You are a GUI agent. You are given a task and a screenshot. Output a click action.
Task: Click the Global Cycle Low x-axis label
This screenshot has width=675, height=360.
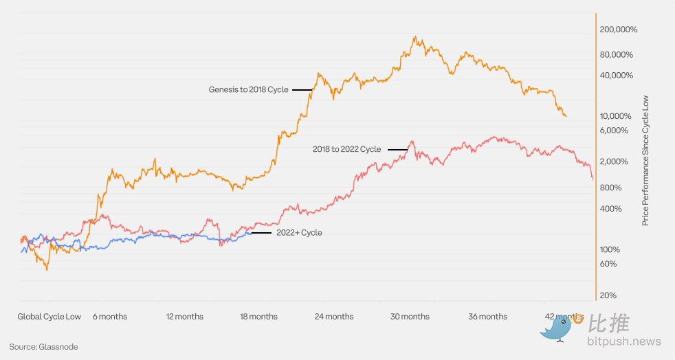click(49, 317)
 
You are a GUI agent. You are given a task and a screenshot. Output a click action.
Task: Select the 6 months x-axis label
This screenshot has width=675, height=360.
click(110, 317)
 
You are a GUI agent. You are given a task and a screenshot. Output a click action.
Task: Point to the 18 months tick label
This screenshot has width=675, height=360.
click(258, 317)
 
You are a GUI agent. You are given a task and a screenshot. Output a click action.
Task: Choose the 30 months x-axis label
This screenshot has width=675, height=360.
click(410, 317)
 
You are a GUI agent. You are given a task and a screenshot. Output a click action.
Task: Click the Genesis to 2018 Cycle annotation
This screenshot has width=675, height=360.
click(249, 89)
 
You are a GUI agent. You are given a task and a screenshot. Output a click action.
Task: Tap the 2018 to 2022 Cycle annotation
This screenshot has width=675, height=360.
click(346, 149)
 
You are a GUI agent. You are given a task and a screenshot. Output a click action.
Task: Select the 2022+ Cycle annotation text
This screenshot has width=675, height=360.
click(299, 233)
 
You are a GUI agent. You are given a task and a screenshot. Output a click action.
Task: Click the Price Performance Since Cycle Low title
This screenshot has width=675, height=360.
click(645, 161)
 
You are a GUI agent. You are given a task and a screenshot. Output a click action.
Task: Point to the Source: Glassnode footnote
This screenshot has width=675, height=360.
click(43, 347)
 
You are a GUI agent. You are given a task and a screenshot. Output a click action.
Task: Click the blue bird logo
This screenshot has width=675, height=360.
click(557, 330)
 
